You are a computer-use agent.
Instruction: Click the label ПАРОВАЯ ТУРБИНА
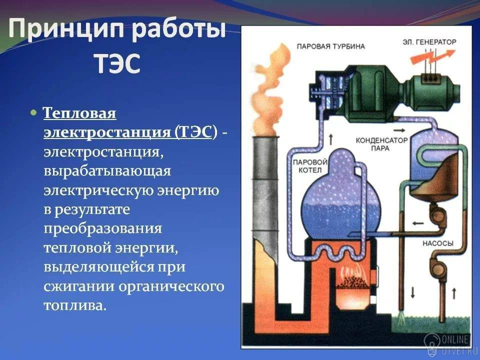[x=330, y=46]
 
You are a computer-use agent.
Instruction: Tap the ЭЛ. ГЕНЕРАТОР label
[x=429, y=42]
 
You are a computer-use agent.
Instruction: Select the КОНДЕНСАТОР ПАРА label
[x=381, y=144]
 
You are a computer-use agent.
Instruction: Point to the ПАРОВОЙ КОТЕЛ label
[x=310, y=165]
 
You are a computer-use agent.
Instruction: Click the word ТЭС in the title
[x=117, y=63]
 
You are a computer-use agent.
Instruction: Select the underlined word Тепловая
[x=79, y=113]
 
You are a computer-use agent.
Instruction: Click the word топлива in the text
[x=75, y=305]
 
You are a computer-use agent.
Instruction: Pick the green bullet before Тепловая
[x=33, y=112]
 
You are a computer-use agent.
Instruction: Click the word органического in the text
[x=171, y=287]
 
